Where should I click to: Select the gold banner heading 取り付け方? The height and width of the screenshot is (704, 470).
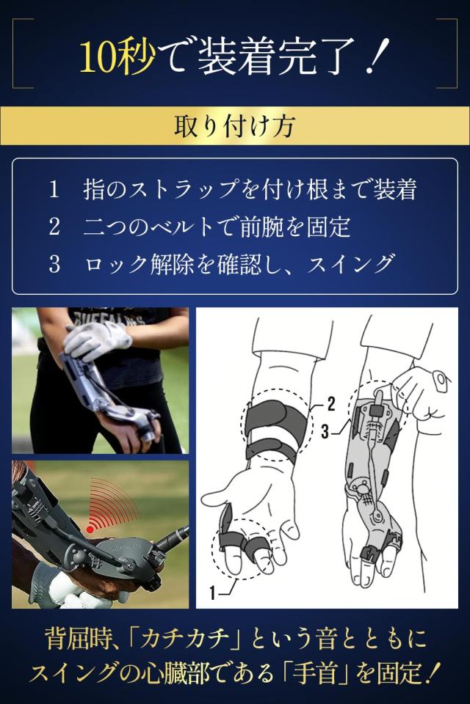click(x=234, y=126)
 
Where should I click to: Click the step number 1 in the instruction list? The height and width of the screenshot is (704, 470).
click(x=54, y=190)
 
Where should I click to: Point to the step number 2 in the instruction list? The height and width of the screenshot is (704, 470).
click(x=54, y=227)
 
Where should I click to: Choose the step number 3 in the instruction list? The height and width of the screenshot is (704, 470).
click(x=54, y=263)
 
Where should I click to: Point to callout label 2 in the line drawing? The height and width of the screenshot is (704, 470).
click(x=331, y=402)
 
